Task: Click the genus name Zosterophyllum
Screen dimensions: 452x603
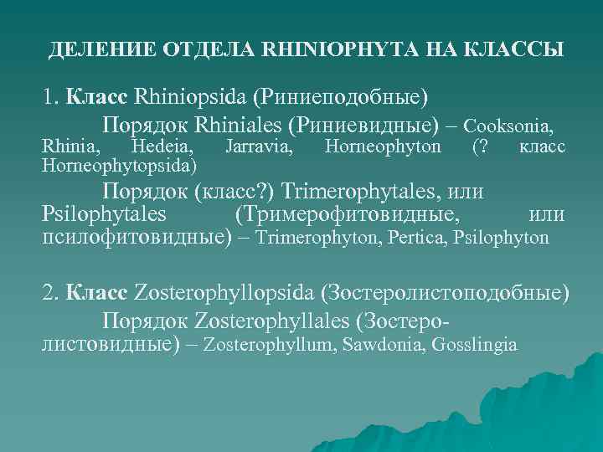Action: pyautogui.click(x=270, y=345)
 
